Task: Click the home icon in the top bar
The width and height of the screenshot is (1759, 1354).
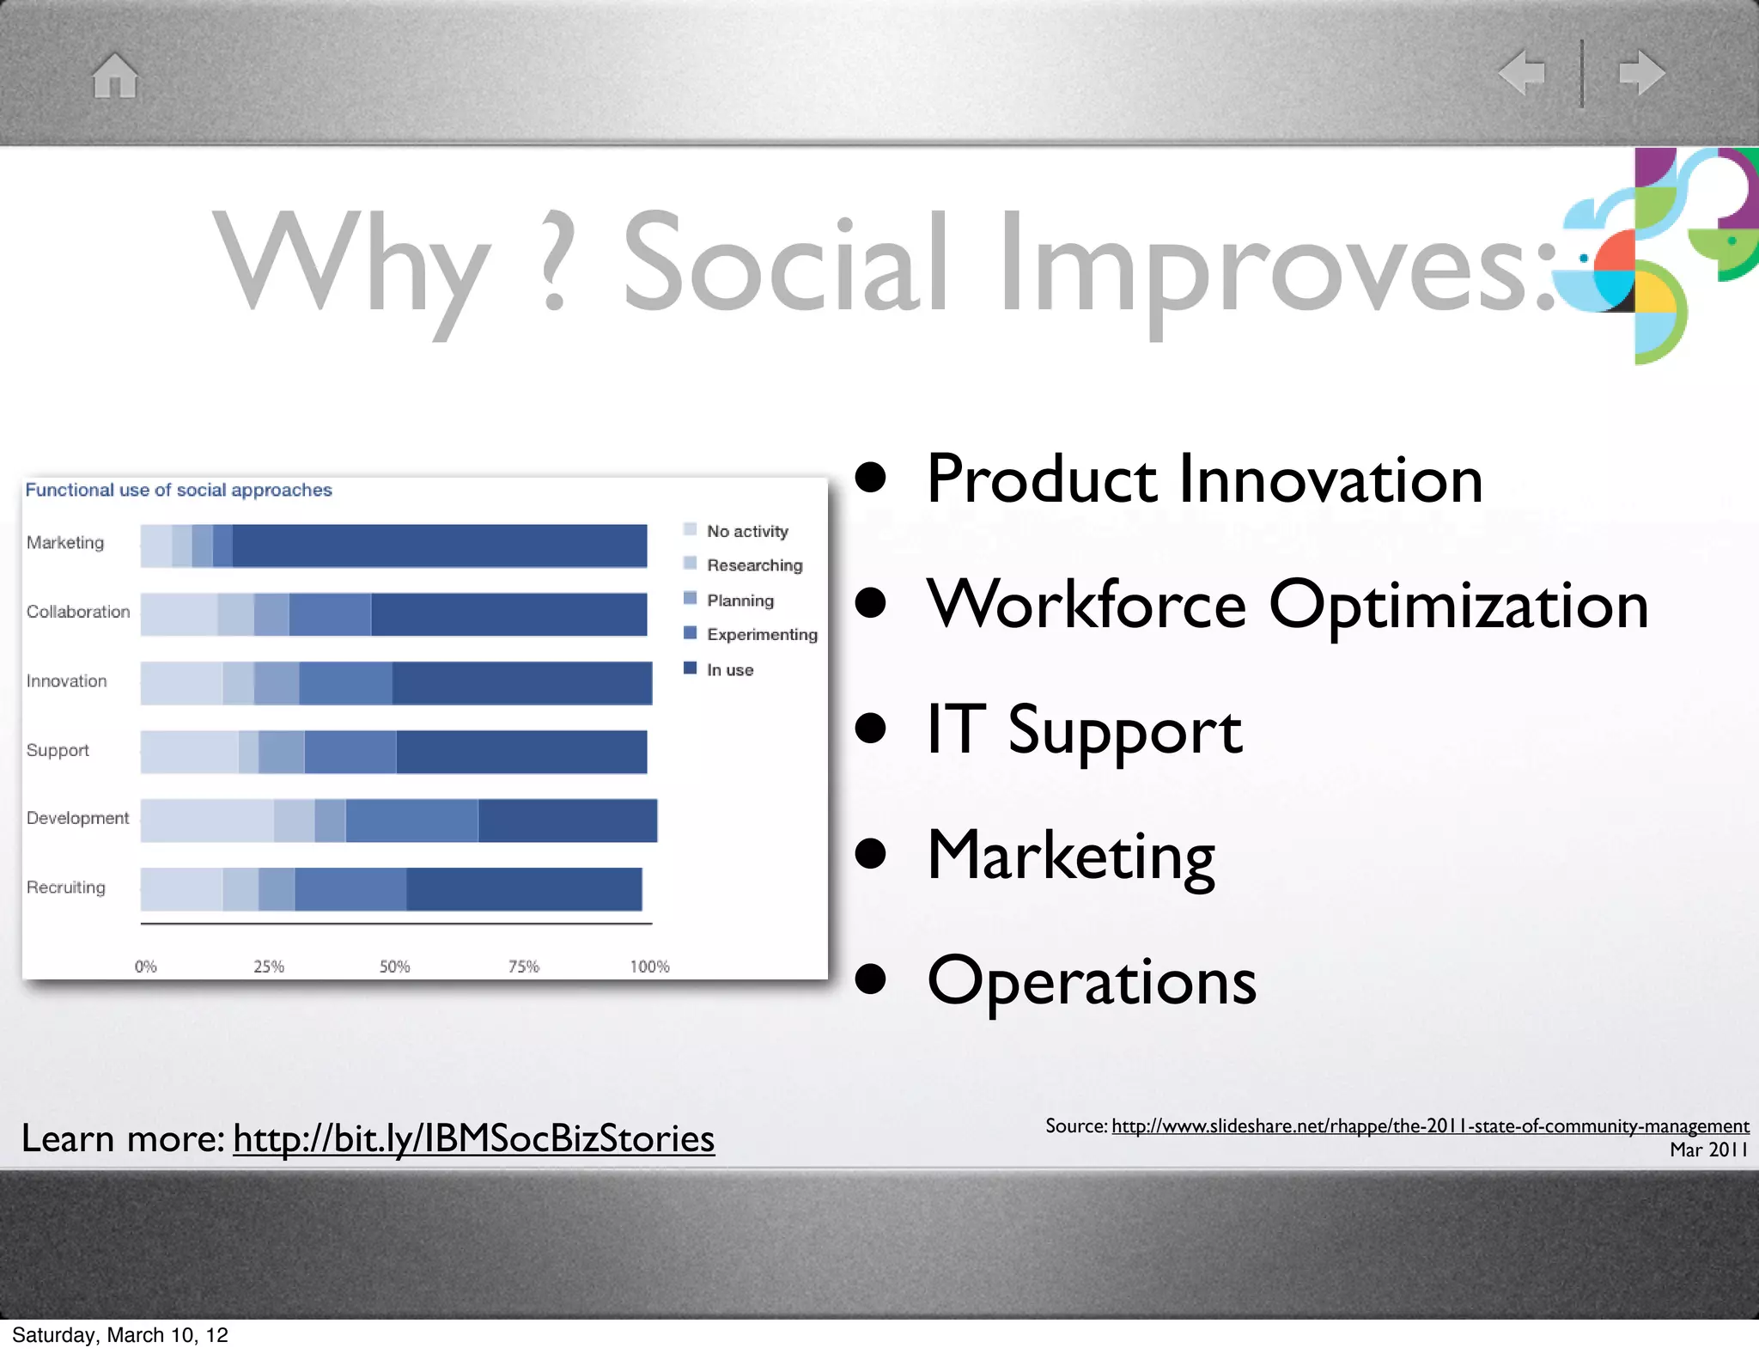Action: coord(115,76)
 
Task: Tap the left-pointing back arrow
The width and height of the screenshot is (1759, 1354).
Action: coord(1521,72)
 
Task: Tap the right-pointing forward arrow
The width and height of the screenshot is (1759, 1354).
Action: coord(1641,72)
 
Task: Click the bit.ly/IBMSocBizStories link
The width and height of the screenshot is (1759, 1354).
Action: coord(473,1139)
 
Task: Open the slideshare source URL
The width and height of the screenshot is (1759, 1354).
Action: coord(1429,1126)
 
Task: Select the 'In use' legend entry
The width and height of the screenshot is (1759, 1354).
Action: coord(728,670)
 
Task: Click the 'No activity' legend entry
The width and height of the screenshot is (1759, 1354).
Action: coord(746,532)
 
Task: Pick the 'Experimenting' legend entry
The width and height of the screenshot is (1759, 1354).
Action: coord(760,635)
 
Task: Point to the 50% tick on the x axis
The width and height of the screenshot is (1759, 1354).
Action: coord(394,967)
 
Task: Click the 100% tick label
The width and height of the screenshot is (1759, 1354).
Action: coord(649,967)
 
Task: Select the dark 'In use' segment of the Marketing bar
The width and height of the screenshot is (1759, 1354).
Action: coord(439,546)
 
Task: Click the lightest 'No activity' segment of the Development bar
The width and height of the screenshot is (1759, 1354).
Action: coord(207,820)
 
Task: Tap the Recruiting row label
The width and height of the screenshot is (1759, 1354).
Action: coord(66,887)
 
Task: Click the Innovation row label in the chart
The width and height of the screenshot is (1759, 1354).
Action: coord(67,681)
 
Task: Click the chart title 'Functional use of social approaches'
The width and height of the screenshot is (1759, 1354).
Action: coord(179,491)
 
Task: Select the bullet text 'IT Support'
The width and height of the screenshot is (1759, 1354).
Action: coord(1084,730)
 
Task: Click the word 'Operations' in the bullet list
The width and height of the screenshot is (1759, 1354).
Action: coord(1092,981)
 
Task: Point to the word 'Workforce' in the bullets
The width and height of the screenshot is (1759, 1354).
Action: coord(1086,605)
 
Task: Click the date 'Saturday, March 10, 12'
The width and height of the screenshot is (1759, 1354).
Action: coord(120,1335)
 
